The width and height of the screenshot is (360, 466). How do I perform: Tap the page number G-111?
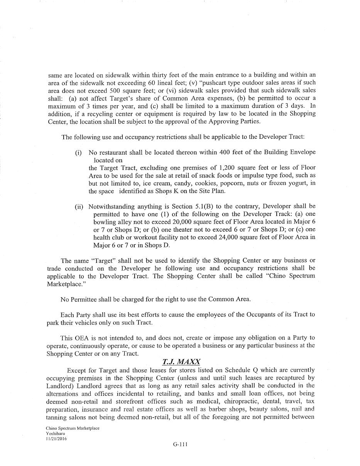tap(180, 444)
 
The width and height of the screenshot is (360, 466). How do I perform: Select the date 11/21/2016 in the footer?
tap(56, 438)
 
